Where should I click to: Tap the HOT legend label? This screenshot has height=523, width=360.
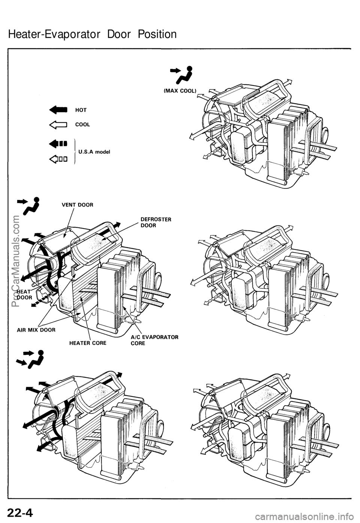[81, 110]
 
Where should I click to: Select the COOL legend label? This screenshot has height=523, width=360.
[83, 125]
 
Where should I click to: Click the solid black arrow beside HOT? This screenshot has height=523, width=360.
[58, 110]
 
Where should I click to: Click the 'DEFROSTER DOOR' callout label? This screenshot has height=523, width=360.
[156, 222]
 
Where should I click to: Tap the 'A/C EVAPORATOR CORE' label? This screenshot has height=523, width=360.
[154, 340]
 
